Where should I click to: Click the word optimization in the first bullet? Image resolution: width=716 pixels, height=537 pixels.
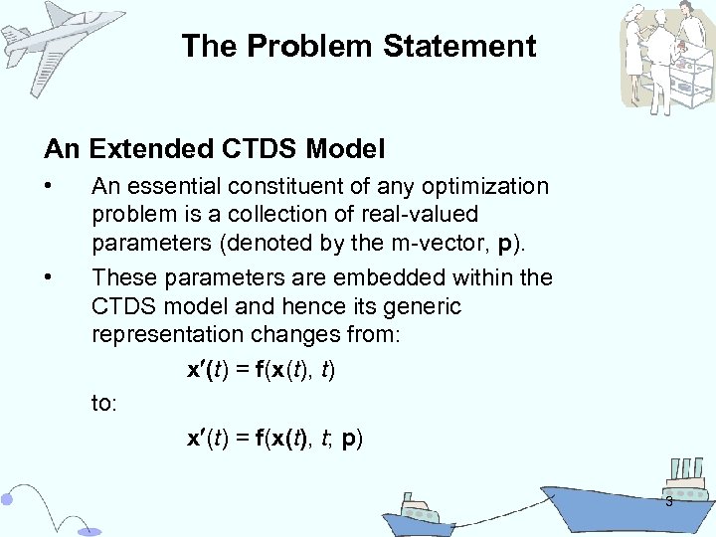point(485,186)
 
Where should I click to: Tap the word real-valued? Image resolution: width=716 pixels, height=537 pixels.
point(421,214)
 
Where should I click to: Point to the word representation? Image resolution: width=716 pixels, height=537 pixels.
point(169,334)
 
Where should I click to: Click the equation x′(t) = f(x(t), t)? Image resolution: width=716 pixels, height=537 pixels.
point(262,370)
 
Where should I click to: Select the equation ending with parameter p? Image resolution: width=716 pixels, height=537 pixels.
point(274,439)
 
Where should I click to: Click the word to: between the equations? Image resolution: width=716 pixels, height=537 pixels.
point(104,404)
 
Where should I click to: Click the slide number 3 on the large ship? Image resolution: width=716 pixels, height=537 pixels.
point(668,501)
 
